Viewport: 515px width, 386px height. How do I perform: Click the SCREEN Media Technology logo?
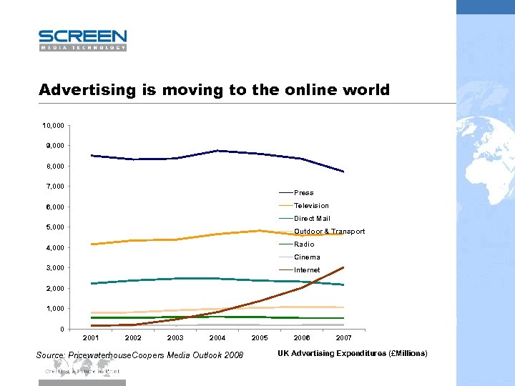[82, 40]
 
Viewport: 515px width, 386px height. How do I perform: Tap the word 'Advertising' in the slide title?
[87, 90]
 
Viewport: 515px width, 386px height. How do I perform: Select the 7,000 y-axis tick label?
[54, 187]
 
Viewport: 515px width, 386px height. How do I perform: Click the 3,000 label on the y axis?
[54, 268]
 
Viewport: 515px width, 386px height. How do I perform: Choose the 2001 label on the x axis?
[91, 337]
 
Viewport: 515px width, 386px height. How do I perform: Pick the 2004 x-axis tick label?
[217, 337]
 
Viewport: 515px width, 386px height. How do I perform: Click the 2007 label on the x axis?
[344, 337]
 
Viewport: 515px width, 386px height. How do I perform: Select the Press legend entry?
[303, 193]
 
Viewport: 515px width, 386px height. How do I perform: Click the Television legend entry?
[311, 206]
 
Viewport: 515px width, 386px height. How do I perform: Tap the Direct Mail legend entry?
[312, 219]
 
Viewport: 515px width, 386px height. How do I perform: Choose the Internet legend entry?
[307, 270]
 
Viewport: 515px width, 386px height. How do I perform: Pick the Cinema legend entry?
[307, 257]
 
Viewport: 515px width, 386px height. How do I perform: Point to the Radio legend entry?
[304, 244]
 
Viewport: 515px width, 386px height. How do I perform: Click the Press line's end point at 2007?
[344, 172]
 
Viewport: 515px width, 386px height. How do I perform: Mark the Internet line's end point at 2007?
[344, 267]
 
